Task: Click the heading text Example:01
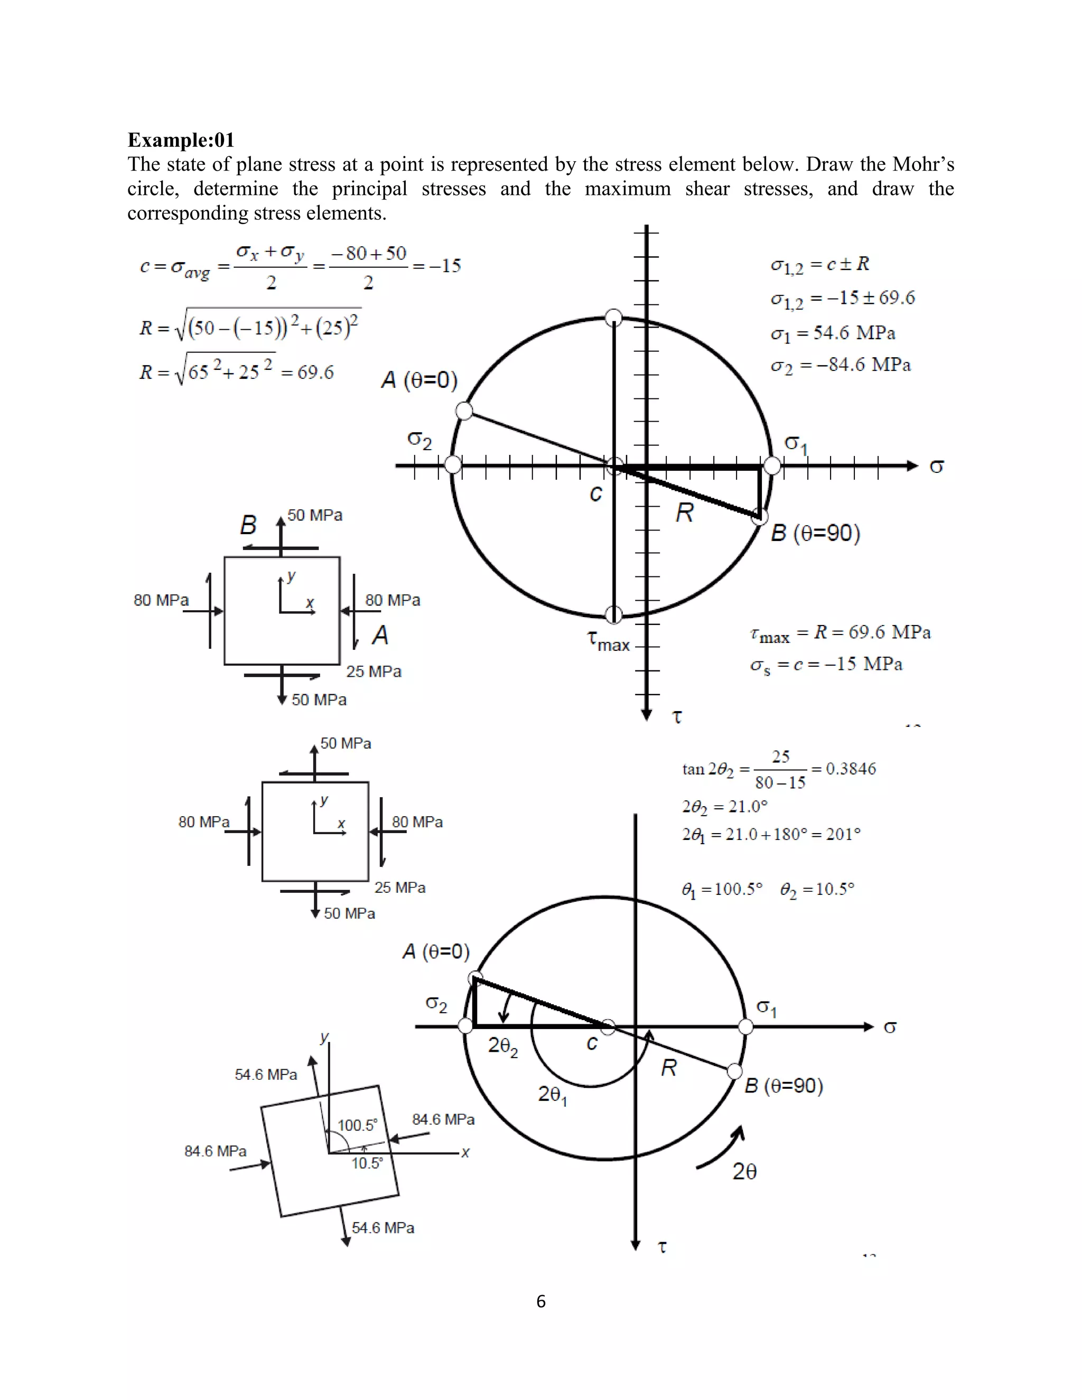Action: point(181,140)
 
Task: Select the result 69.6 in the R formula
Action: point(315,372)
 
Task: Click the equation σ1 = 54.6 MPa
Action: point(833,333)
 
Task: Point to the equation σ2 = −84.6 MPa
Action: point(841,366)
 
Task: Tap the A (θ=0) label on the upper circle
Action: point(419,380)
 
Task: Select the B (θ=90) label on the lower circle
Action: point(783,1086)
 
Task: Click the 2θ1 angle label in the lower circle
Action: point(553,1095)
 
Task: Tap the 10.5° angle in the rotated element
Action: point(367,1163)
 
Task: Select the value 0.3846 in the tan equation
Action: point(850,769)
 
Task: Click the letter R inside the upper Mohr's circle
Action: point(685,513)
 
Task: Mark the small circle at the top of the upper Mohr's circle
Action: point(613,316)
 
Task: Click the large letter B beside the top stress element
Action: point(248,526)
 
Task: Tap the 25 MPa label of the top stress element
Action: point(374,671)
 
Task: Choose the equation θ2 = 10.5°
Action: point(817,889)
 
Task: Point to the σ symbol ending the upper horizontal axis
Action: point(937,466)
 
